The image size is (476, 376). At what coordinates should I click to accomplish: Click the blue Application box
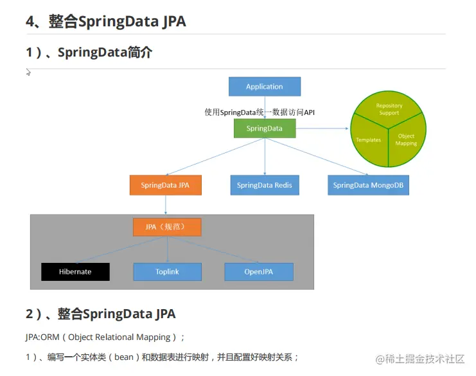coord(265,87)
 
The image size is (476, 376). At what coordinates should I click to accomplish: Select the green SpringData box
coord(265,129)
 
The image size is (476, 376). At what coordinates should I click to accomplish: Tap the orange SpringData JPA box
coord(165,185)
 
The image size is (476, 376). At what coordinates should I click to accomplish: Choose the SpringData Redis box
coord(264,185)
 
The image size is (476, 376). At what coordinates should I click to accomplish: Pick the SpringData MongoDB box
coord(368,185)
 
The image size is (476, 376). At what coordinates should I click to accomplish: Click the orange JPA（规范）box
coord(167,227)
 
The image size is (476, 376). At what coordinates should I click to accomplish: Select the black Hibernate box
coord(75,272)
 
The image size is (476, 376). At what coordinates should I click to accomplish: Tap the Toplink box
coord(167,272)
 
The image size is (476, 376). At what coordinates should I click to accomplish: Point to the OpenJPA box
coord(259,272)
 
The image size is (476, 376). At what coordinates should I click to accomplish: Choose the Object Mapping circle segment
coord(406,139)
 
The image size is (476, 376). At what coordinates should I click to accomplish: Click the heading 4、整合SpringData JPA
coord(105,21)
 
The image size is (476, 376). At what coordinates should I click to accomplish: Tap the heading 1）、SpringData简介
coord(89,53)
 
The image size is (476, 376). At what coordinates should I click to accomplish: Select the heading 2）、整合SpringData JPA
coord(100,314)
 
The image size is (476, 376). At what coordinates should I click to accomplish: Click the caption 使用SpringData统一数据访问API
coord(260,112)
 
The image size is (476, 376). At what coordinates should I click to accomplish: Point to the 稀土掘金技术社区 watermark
coord(420,359)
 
